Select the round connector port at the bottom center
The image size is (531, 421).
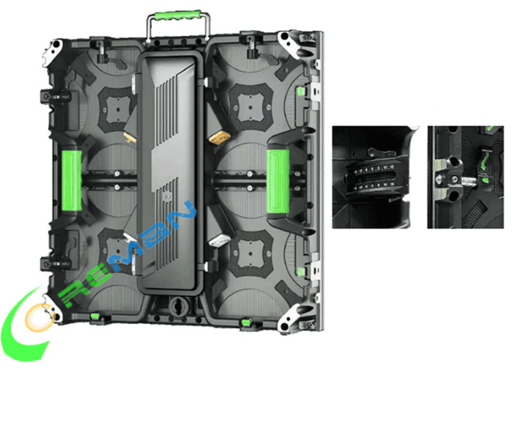point(175,307)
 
